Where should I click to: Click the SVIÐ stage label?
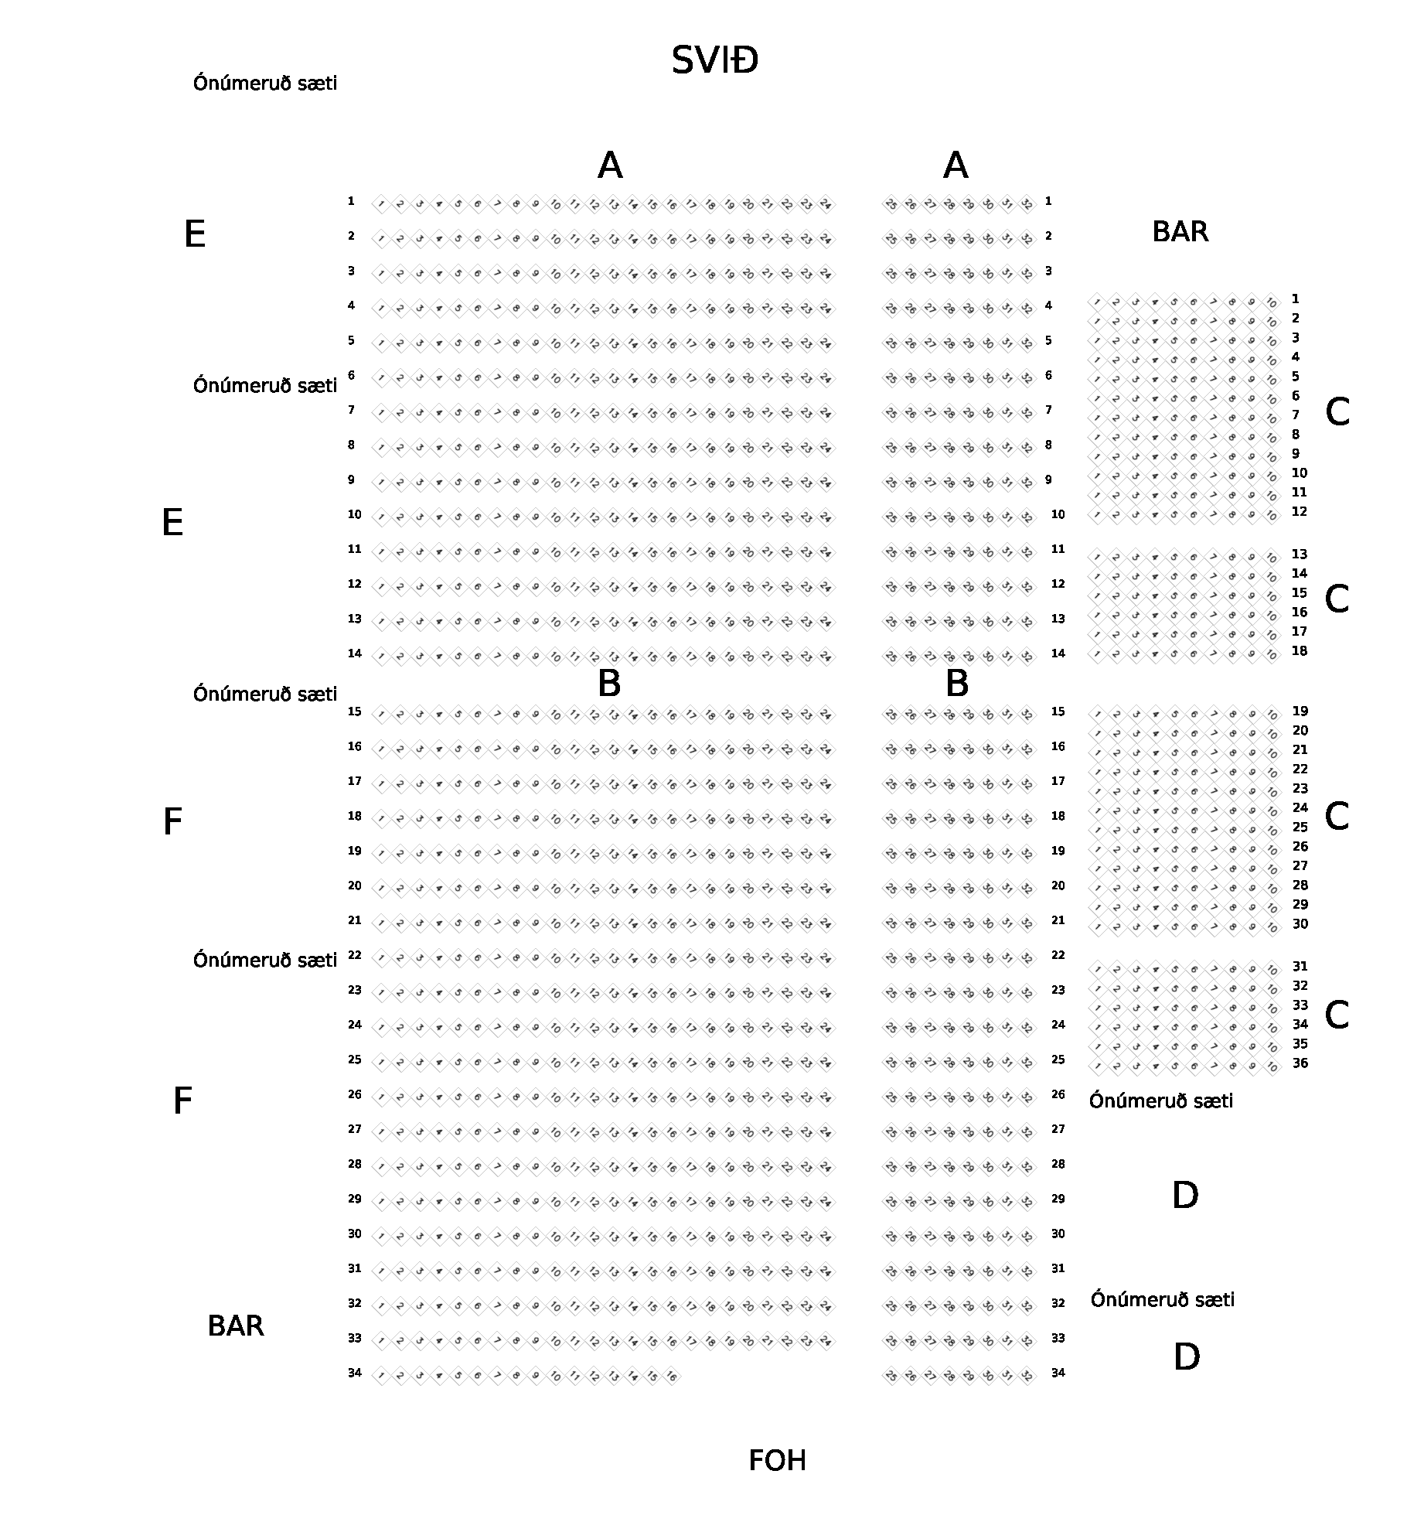click(714, 60)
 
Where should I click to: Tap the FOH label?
click(777, 1461)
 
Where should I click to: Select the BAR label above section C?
click(1180, 232)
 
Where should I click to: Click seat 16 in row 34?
click(671, 1377)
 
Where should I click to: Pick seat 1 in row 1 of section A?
click(381, 205)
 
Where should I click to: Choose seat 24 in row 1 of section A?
click(826, 205)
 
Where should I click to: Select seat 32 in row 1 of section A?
click(1027, 205)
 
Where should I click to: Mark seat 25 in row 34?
click(891, 1377)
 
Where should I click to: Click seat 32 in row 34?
click(1027, 1377)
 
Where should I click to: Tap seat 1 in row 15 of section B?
click(381, 715)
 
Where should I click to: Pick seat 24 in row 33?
click(826, 1342)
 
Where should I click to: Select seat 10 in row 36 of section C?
click(1272, 1067)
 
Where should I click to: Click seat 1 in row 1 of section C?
click(1097, 302)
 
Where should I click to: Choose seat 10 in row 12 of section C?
click(1272, 515)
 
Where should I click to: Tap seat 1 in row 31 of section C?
click(1097, 970)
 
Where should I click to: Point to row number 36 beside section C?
click(1300, 1063)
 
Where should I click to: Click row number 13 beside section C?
click(1300, 555)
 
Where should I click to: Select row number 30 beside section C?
click(1300, 924)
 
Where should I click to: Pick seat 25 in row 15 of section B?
click(891, 715)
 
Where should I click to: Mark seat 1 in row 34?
click(381, 1377)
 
